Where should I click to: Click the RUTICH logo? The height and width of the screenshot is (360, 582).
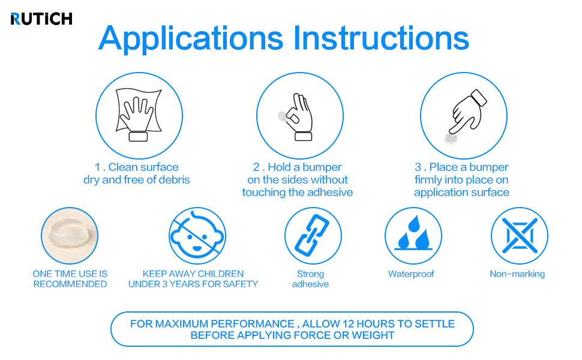(41, 19)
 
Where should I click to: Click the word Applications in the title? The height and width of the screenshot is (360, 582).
(191, 39)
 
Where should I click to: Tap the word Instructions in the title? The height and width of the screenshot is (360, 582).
(381, 38)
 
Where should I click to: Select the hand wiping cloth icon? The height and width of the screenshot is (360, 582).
(139, 115)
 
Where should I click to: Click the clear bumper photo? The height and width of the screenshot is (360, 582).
(70, 236)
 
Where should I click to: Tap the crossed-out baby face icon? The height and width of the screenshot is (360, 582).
(197, 236)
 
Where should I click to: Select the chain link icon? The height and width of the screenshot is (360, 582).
(313, 236)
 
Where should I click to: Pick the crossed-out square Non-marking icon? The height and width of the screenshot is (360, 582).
(519, 236)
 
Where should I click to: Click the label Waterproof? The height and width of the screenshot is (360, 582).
(411, 274)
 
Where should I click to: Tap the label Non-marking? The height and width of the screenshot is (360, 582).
(517, 274)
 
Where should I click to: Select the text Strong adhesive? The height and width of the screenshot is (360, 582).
(310, 279)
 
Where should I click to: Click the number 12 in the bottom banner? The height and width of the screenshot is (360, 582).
(349, 324)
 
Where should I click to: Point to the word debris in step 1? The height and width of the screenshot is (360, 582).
(174, 179)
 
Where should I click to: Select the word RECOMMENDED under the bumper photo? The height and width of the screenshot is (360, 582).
(70, 284)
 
